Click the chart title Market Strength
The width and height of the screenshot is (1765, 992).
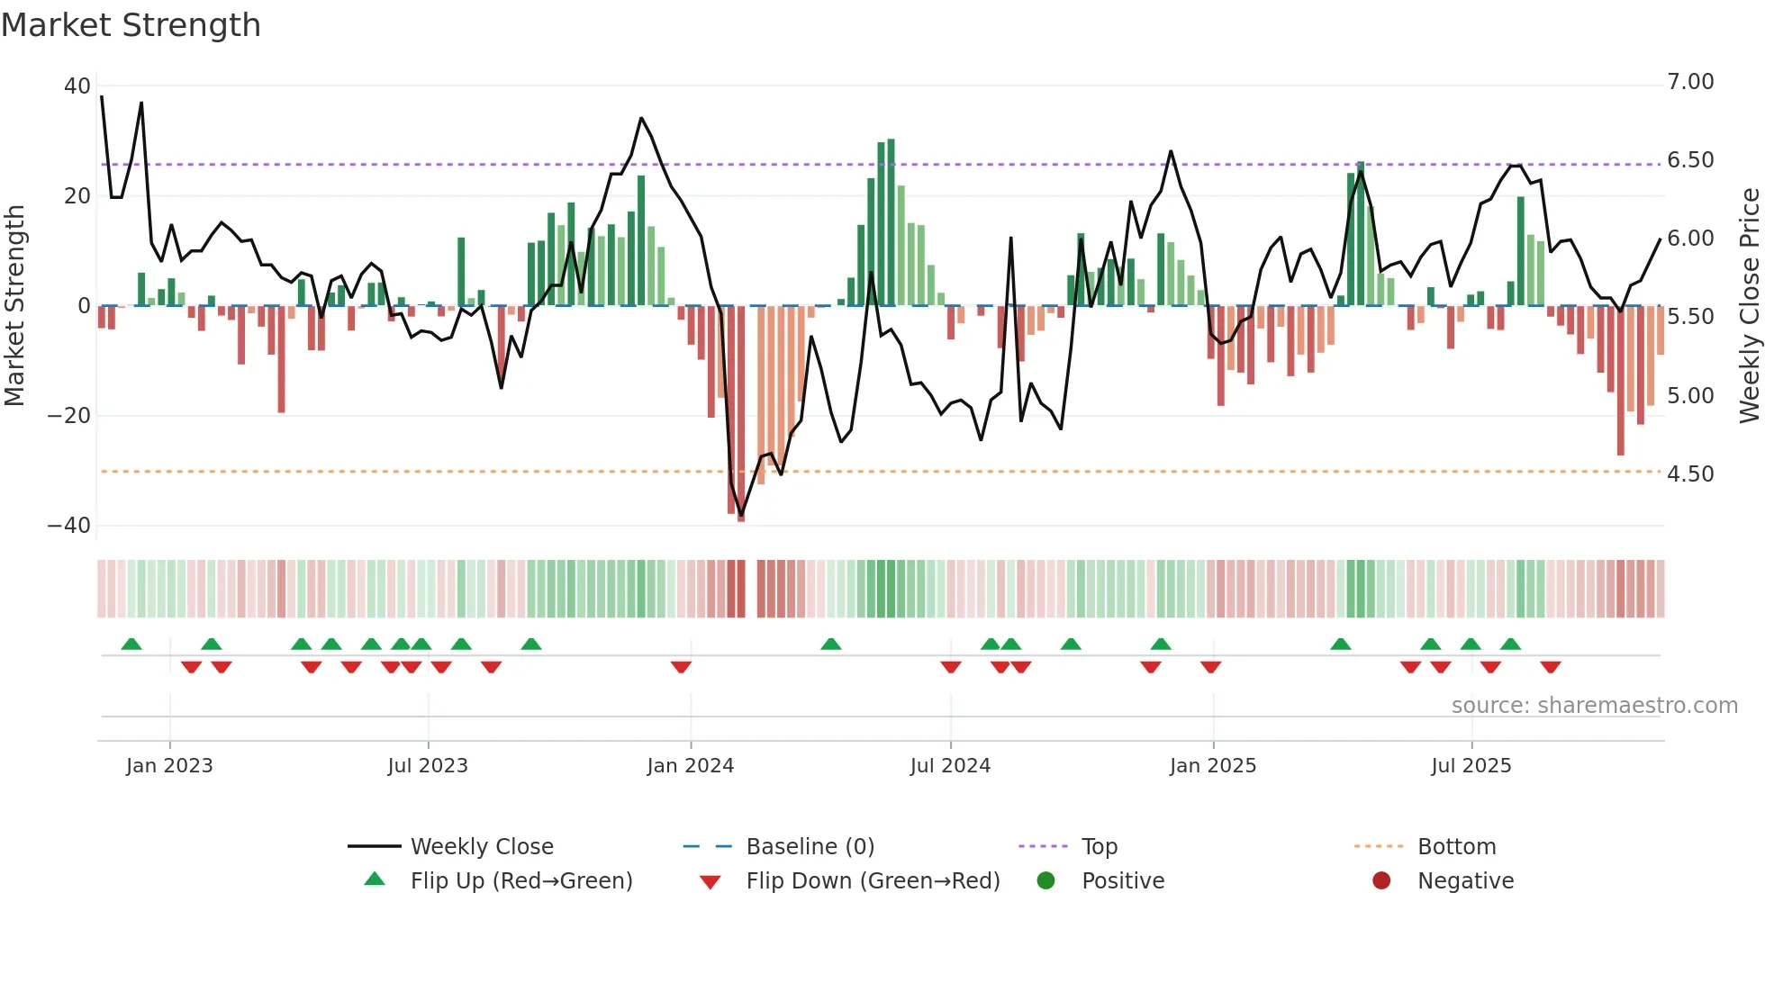[x=131, y=25]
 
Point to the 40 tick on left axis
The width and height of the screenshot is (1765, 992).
[x=77, y=86]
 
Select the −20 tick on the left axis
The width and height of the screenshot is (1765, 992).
[x=69, y=416]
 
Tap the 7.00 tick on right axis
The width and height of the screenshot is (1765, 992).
[x=1690, y=82]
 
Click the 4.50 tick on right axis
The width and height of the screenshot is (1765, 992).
[x=1690, y=474]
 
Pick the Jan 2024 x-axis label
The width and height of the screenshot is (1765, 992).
[x=690, y=766]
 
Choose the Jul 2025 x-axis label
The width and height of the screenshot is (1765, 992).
[x=1471, y=766]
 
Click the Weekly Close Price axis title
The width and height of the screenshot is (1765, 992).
[x=1749, y=306]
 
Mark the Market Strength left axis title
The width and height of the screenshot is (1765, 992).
[x=15, y=306]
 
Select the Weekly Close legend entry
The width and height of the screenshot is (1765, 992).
[x=481, y=847]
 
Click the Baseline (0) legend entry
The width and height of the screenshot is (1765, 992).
[x=810, y=847]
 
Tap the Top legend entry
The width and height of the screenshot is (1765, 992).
[x=1099, y=847]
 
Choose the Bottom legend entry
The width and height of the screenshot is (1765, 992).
[x=1456, y=847]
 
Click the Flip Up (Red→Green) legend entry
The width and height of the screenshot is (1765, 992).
[x=520, y=881]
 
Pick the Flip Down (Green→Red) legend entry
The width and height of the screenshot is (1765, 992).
[x=872, y=881]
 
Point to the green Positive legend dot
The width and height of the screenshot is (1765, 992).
[x=1045, y=881]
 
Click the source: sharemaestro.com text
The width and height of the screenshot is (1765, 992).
[x=1594, y=706]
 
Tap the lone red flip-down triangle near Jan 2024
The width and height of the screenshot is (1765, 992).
[x=681, y=667]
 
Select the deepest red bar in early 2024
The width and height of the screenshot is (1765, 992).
[x=741, y=414]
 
